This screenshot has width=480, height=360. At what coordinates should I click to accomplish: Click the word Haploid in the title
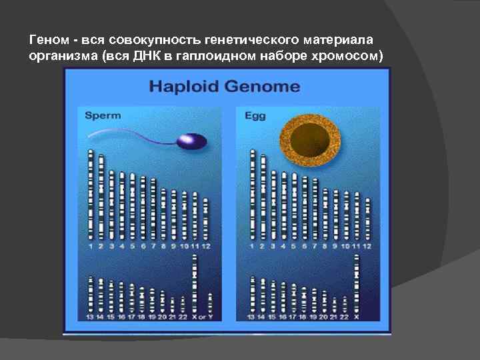coord(184,87)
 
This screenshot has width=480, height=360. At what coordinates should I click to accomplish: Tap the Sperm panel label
coord(103,115)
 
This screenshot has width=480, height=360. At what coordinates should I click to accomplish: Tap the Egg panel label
coord(255,115)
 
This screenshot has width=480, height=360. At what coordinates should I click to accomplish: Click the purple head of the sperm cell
coord(191,141)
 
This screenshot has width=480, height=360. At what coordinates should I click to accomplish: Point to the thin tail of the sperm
coord(127,133)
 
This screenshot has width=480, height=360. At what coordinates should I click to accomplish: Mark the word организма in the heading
coord(63,56)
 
